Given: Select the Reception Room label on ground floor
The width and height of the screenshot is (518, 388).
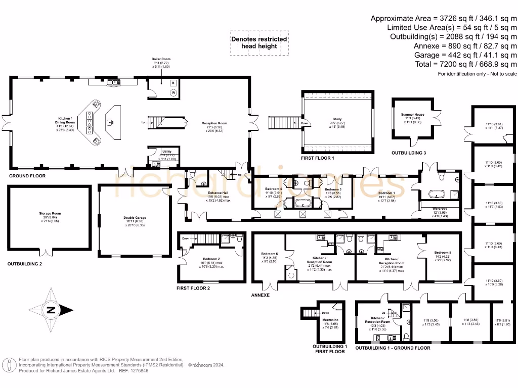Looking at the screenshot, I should pyautogui.click(x=215, y=123).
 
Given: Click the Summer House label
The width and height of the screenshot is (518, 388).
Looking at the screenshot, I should pyautogui.click(x=412, y=115).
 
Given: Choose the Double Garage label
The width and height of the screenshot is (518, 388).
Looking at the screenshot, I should pyautogui.click(x=134, y=218).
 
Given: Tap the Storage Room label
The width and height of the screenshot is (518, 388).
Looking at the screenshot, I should pyautogui.click(x=50, y=214).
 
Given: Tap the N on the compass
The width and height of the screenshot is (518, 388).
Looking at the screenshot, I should pyautogui.click(x=51, y=311).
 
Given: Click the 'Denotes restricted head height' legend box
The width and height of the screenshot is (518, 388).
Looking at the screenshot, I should pyautogui.click(x=259, y=42).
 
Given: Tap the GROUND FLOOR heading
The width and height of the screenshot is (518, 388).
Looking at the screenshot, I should pyautogui.click(x=27, y=176).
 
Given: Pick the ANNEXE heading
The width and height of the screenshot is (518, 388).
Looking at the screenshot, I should pyautogui.click(x=261, y=295).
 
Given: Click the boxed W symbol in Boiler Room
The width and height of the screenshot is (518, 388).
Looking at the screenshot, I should pyautogui.click(x=173, y=92).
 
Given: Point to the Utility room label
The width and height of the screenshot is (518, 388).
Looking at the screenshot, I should pyautogui.click(x=166, y=152).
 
